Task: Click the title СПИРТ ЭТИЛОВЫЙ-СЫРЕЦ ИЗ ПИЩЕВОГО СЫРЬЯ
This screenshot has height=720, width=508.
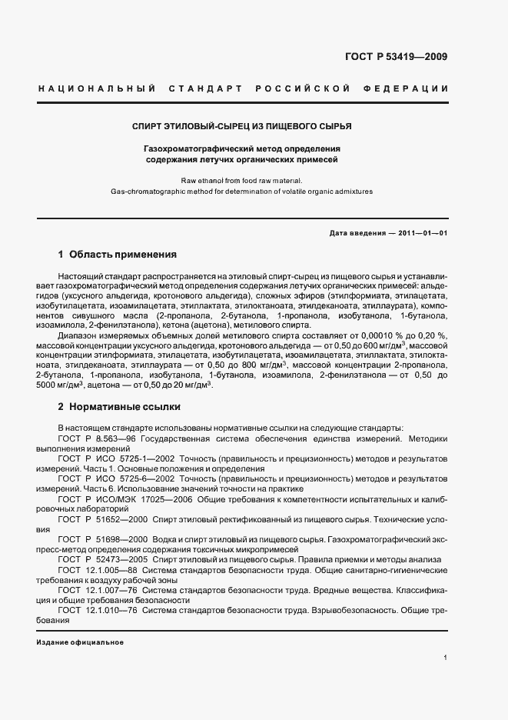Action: point(243,125)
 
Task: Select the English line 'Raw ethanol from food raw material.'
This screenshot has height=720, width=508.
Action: point(242,180)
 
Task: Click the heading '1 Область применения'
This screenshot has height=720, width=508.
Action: point(118,255)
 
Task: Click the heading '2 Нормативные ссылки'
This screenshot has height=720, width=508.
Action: point(119,406)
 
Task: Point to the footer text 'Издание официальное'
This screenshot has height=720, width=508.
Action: point(80,642)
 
